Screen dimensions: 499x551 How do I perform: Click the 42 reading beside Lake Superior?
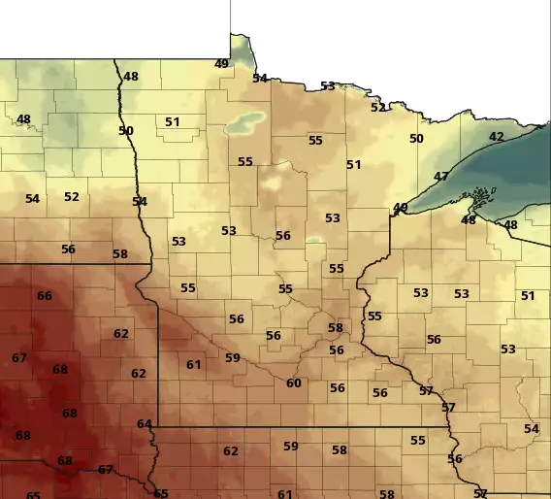click(497, 137)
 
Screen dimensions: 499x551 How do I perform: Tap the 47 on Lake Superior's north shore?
click(441, 177)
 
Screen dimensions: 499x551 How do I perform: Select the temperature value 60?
click(293, 383)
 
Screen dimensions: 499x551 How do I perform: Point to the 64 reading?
click(145, 424)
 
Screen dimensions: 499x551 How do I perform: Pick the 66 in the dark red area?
click(45, 295)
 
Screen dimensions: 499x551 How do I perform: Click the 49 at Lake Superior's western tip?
click(400, 208)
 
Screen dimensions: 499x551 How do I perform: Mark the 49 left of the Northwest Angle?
click(222, 64)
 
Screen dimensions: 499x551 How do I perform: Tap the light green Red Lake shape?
click(243, 124)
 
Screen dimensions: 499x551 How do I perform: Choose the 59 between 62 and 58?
click(290, 447)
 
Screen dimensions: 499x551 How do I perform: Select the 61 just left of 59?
click(194, 365)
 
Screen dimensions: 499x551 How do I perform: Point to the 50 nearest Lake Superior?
click(416, 139)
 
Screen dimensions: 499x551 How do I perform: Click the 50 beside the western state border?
click(126, 131)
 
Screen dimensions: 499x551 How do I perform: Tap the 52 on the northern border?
click(377, 108)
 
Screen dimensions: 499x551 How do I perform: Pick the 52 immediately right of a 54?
click(72, 197)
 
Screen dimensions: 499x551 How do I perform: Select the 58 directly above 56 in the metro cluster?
click(335, 328)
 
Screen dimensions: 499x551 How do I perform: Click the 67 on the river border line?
click(106, 470)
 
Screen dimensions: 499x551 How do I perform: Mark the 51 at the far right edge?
click(528, 296)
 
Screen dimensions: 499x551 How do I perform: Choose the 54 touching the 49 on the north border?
click(260, 79)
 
